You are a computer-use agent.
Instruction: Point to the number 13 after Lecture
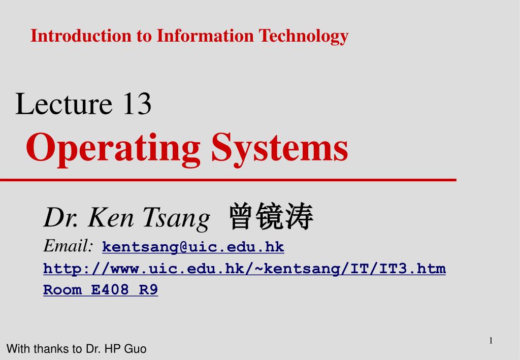point(136,104)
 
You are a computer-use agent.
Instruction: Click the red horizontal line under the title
point(229,180)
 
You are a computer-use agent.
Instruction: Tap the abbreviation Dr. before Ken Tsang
point(60,218)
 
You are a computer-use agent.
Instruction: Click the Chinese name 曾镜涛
point(272,217)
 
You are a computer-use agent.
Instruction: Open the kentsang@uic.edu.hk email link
point(193,247)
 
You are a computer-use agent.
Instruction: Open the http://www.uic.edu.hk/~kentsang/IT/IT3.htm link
point(244,269)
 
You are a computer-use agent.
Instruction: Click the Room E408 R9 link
point(101,290)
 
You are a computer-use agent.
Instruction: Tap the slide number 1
point(491,341)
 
